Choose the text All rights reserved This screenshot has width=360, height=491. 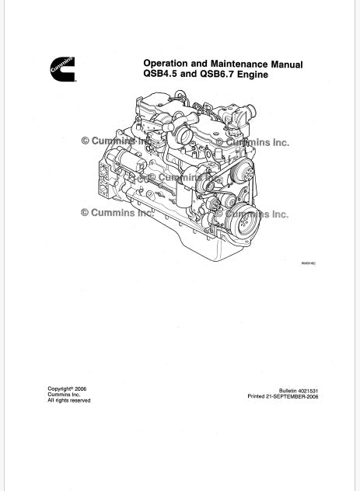[x=69, y=401]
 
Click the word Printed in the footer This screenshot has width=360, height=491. [x=256, y=396]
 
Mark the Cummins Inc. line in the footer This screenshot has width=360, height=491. [x=64, y=395]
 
